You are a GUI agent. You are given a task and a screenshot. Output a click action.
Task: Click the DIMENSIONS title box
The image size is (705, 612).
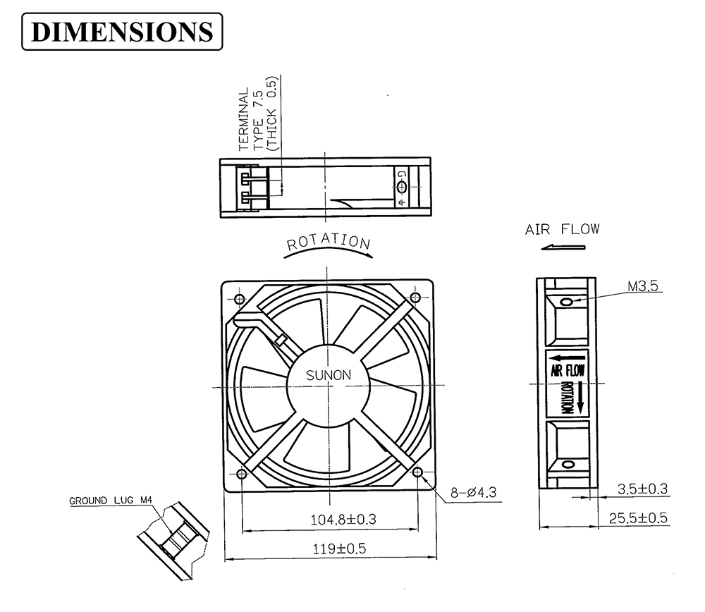tap(122, 32)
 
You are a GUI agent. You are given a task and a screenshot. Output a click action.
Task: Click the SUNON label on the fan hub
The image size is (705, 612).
tap(329, 375)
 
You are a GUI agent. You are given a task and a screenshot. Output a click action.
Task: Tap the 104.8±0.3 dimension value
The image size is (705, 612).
tap(343, 520)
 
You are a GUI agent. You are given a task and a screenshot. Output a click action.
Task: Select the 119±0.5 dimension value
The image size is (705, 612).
tap(340, 549)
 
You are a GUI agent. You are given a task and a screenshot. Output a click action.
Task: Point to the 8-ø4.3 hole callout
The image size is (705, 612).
tap(474, 492)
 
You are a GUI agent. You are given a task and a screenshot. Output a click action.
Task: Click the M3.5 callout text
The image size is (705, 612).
tap(643, 286)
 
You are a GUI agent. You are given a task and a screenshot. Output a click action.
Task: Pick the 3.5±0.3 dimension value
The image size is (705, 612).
tap(642, 489)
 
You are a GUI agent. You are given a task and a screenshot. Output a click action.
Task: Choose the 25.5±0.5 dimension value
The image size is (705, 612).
tap(638, 518)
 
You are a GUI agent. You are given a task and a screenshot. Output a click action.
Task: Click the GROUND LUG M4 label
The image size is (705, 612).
tap(111, 501)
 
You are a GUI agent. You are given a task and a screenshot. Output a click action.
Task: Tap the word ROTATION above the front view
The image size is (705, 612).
tap(329, 242)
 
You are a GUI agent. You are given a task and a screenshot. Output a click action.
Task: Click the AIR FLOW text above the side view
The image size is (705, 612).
tap(562, 229)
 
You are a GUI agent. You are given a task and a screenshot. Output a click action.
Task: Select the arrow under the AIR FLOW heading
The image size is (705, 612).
tap(563, 247)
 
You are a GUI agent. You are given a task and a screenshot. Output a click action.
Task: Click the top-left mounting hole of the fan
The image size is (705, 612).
tap(240, 298)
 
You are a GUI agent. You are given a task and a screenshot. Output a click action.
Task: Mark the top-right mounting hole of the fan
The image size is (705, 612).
tap(415, 298)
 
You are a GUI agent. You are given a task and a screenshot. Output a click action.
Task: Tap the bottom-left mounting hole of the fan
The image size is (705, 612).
tap(241, 474)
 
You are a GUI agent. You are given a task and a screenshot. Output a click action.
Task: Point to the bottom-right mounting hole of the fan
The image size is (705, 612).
tap(417, 472)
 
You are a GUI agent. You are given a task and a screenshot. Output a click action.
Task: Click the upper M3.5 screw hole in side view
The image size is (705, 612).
tap(568, 301)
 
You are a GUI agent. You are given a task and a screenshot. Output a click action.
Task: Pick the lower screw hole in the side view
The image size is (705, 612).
tap(568, 464)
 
